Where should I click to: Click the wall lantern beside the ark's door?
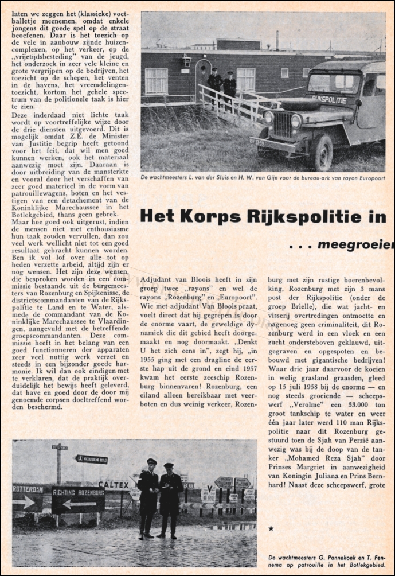pos(187,60)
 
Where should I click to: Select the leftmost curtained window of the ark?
pos(156,81)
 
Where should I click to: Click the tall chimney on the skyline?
pos(277,40)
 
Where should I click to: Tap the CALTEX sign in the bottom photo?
pos(114,485)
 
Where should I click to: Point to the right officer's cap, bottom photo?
pos(169,465)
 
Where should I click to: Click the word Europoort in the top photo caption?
pos(368,178)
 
